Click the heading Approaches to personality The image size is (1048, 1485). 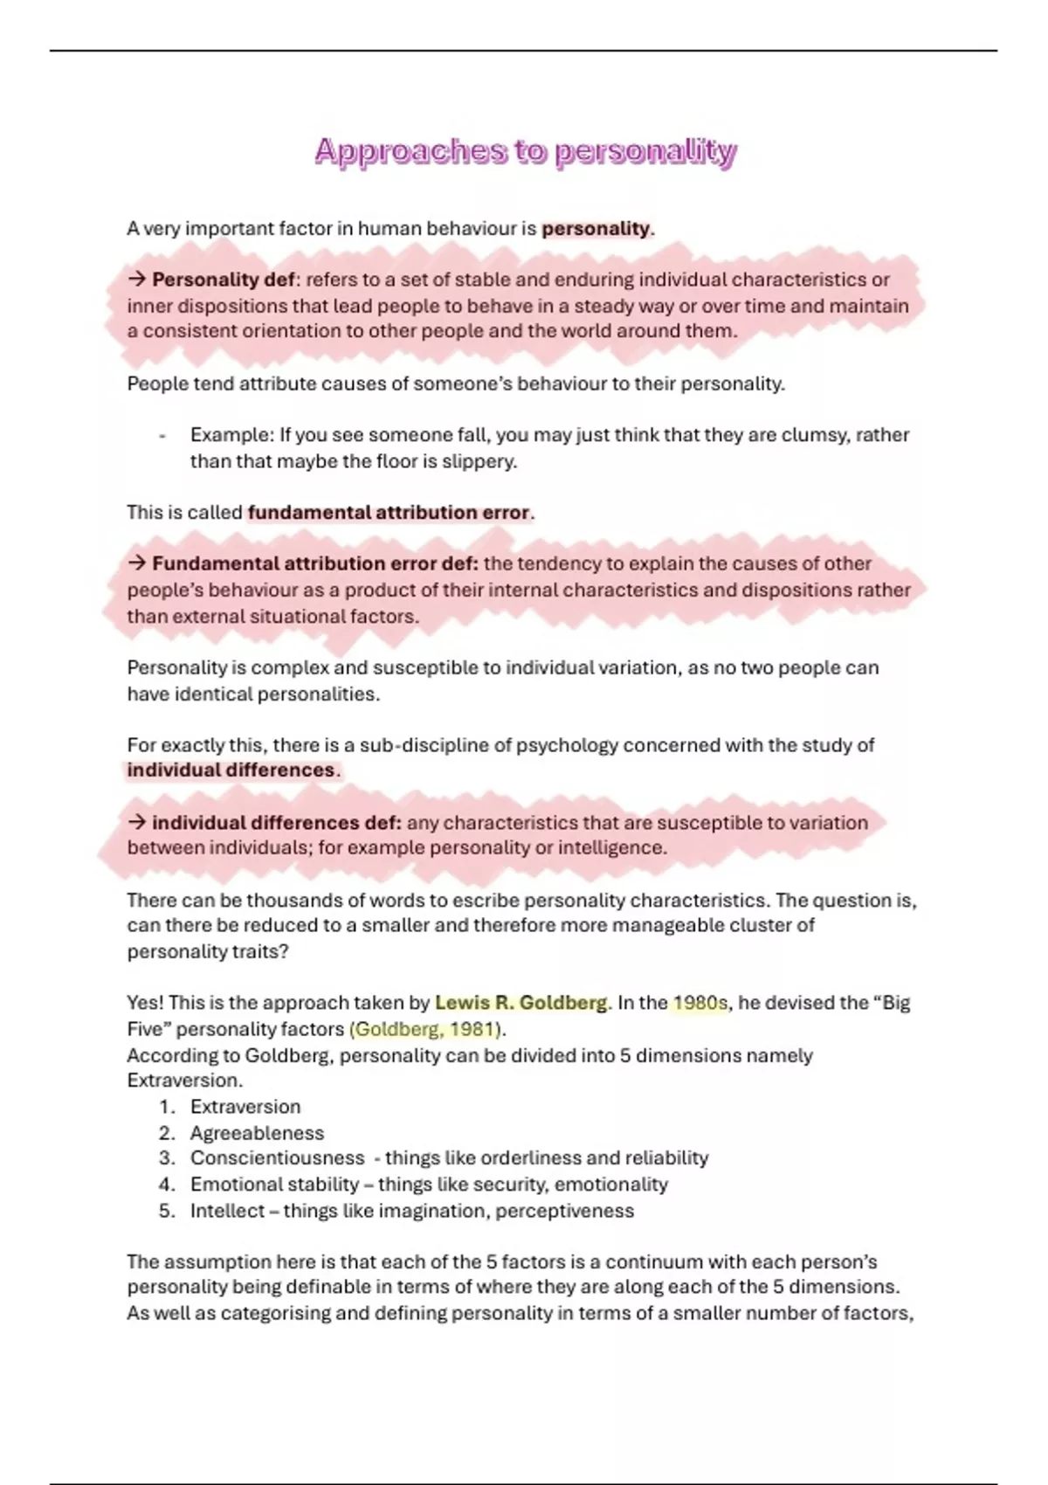526,152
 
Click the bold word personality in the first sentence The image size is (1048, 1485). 596,229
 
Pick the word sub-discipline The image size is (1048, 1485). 424,745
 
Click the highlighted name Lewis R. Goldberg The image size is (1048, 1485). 521,1003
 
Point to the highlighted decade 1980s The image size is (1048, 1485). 700,1003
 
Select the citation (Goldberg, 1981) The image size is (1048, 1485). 427,1029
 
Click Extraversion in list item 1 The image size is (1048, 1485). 245,1107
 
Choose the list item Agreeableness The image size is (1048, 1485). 257,1133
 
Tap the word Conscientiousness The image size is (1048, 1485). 277,1158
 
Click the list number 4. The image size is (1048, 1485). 167,1185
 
